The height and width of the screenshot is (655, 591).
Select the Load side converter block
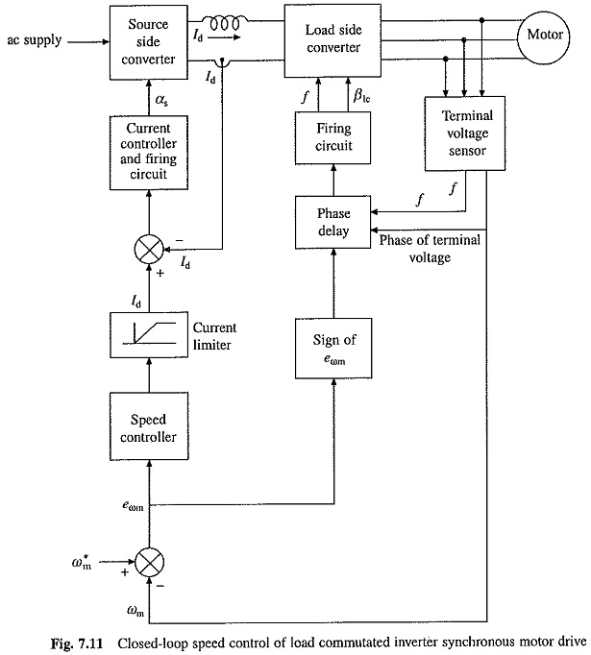(x=332, y=36)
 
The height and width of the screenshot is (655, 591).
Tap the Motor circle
(x=546, y=36)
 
